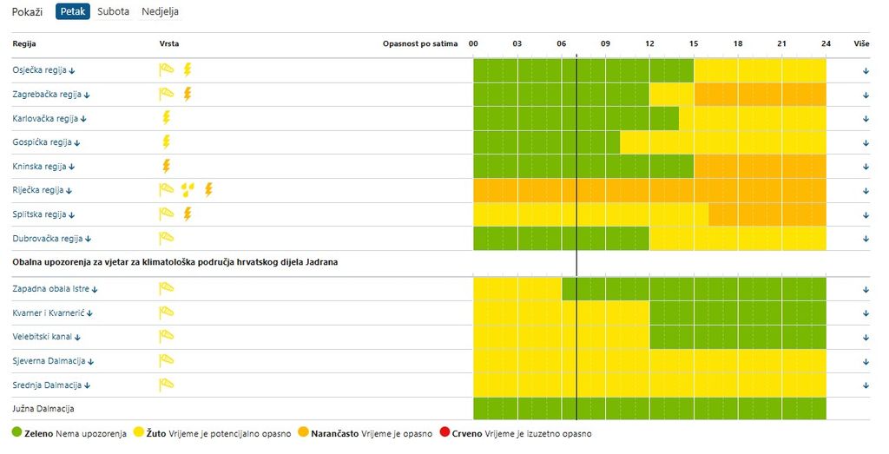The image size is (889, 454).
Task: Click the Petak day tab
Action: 73,12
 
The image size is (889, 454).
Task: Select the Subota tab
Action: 113,12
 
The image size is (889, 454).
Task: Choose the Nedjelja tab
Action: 161,12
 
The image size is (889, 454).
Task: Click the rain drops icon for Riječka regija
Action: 187,189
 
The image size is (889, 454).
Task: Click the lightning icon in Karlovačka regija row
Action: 166,118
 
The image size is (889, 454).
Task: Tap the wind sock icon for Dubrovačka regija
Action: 166,238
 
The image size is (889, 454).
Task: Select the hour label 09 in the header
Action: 605,43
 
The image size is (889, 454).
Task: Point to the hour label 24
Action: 826,43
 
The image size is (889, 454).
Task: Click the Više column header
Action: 861,43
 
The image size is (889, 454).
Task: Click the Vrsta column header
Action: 169,43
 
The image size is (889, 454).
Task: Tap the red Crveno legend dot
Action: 444,432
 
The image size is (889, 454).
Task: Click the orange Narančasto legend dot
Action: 302,432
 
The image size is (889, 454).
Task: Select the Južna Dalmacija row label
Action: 43,408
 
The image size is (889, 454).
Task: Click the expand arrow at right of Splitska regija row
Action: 866,214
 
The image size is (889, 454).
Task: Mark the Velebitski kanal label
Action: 47,337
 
